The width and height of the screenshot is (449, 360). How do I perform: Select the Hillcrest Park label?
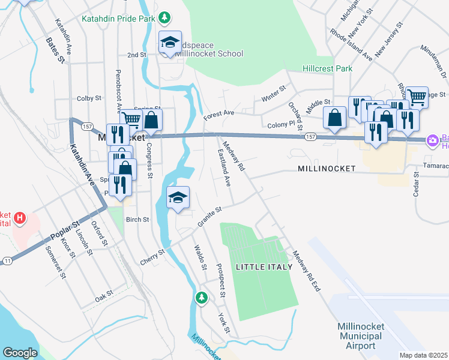click(327, 68)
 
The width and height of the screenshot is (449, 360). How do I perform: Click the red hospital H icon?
click(21, 217)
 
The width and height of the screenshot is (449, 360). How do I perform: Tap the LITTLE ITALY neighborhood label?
click(264, 266)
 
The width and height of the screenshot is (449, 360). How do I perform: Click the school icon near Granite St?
click(178, 198)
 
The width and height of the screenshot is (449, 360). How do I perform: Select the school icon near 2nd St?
click(170, 43)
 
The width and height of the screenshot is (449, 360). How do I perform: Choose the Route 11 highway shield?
click(7, 260)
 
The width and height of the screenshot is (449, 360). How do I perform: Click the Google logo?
click(20, 353)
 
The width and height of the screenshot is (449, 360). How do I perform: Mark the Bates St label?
click(55, 50)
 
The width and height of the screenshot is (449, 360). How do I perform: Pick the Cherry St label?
click(153, 254)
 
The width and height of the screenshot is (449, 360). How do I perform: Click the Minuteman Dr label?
click(433, 58)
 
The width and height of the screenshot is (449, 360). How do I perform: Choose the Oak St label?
click(104, 298)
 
